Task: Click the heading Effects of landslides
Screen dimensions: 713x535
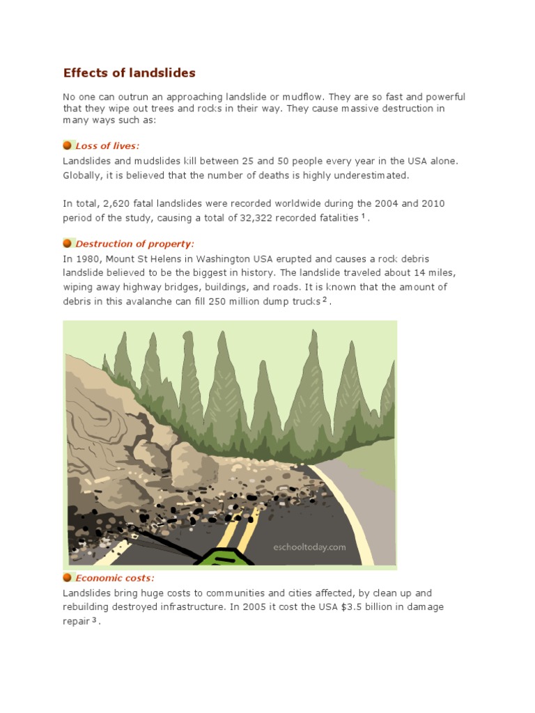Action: tap(130, 72)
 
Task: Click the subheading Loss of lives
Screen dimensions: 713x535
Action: tap(107, 146)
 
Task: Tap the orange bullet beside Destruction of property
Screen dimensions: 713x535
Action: tap(68, 243)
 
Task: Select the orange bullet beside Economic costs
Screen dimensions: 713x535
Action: tap(68, 578)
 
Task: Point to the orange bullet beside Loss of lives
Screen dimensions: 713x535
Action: tap(68, 146)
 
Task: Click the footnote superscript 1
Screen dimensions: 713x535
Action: tap(364, 216)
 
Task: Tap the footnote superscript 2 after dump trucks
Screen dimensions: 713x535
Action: tap(325, 299)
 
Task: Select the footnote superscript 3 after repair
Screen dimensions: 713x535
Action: tap(95, 619)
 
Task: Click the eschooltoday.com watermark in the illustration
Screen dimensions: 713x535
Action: tap(309, 547)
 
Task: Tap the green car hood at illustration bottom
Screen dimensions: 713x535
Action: tap(222, 559)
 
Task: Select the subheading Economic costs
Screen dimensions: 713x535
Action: tap(115, 578)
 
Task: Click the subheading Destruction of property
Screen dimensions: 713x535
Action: tap(134, 243)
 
